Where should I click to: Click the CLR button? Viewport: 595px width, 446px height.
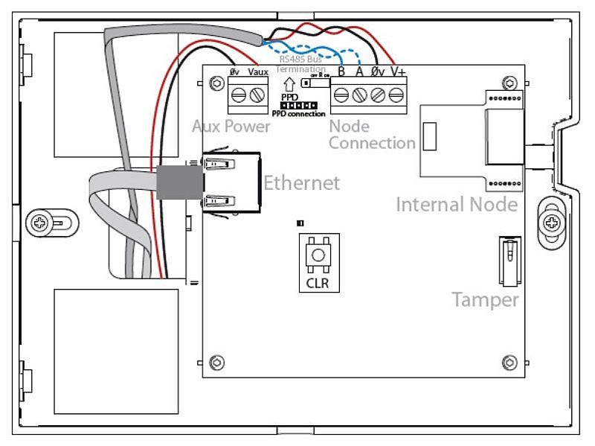tap(318, 256)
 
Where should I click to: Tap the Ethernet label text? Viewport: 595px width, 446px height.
tap(301, 183)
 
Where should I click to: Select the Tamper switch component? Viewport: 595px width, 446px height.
tap(509, 261)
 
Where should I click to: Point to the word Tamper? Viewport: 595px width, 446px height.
tap(485, 300)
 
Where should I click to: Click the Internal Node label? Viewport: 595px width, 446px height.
tap(456, 203)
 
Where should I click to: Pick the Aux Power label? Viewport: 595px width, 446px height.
tap(231, 127)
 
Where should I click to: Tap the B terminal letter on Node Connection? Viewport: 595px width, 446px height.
tap(341, 72)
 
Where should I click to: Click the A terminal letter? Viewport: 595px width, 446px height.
tap(359, 72)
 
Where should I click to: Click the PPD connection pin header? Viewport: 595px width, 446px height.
tap(300, 106)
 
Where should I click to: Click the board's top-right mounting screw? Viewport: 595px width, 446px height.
tap(509, 81)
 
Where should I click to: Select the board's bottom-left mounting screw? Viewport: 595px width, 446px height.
tap(216, 363)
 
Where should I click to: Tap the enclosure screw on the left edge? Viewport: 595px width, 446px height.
tap(39, 221)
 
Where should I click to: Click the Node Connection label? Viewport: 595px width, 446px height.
tap(371, 135)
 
